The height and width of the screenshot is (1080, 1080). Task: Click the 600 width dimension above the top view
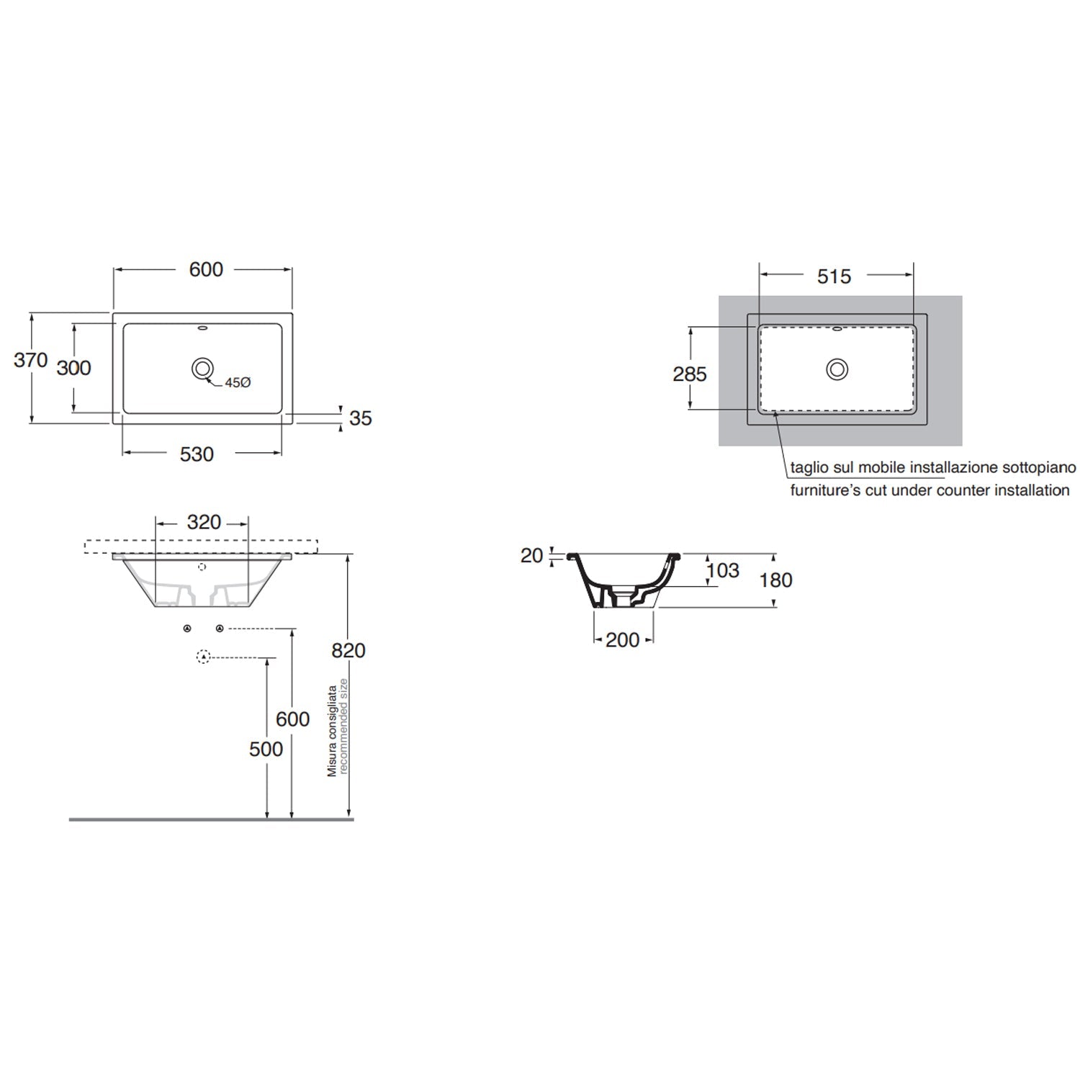(206, 269)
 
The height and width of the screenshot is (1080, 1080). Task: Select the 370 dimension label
(30, 360)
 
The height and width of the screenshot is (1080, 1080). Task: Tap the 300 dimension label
(73, 368)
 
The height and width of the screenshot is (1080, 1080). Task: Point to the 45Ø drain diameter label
(237, 383)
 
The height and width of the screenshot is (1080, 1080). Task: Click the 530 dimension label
(197, 454)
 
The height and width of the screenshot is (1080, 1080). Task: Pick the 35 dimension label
(360, 418)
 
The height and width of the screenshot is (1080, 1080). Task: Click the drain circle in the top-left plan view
(202, 369)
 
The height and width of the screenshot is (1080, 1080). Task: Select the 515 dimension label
(834, 276)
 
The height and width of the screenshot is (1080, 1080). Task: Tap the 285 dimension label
(689, 374)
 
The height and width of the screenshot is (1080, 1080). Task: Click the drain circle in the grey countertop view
(837, 369)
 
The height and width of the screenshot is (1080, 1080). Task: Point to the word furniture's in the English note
(821, 490)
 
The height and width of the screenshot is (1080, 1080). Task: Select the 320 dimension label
(204, 522)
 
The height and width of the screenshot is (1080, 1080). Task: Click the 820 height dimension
(348, 650)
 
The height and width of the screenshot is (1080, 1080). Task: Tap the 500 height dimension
(266, 749)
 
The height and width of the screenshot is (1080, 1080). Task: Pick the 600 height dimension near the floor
(292, 719)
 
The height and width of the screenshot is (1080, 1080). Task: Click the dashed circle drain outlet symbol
(203, 657)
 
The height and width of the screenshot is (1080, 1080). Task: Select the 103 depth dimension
(723, 570)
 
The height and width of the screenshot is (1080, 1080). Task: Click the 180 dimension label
(775, 580)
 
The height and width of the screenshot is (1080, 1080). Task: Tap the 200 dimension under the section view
(622, 639)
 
